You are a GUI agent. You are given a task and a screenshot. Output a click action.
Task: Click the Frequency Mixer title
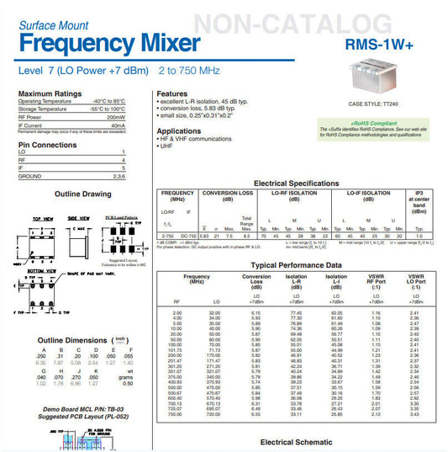click(109, 43)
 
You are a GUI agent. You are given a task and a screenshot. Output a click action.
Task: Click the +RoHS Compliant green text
click(374, 123)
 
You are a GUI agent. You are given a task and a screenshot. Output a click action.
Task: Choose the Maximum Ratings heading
click(50, 93)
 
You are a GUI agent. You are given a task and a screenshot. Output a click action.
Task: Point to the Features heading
click(171, 93)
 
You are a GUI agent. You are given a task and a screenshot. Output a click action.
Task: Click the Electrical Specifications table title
click(296, 183)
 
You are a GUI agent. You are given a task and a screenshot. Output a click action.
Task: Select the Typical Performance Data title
click(298, 264)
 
